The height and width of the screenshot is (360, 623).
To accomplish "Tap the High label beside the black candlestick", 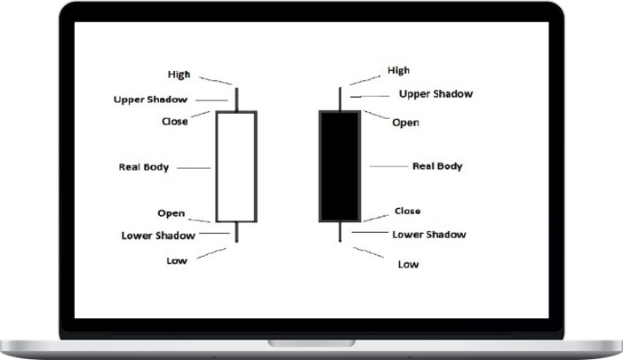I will click(x=399, y=69).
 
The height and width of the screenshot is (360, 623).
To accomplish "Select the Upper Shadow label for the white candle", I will click(x=150, y=99).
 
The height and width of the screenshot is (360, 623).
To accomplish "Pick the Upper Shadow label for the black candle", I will click(x=435, y=93).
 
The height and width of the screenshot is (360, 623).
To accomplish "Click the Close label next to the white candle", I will click(x=175, y=121).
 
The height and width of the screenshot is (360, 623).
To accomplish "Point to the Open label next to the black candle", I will click(x=405, y=123).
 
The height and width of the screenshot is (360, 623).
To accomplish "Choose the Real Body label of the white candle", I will click(x=144, y=166).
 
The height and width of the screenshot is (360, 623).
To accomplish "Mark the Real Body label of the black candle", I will click(x=437, y=166).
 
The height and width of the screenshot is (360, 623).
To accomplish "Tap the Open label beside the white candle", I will click(x=171, y=213).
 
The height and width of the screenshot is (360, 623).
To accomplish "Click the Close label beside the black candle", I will click(x=407, y=211).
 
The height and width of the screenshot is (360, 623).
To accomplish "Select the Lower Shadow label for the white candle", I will click(x=157, y=236).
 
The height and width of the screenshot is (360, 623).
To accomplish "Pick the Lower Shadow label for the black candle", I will click(x=428, y=235).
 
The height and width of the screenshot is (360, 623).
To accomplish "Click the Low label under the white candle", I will click(x=177, y=260).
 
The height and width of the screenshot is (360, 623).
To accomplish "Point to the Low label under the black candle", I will click(x=408, y=264).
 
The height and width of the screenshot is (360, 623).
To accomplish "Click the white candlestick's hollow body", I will click(x=236, y=166).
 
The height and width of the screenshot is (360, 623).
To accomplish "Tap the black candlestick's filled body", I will click(x=340, y=166).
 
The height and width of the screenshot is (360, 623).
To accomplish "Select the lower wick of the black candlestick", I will click(x=340, y=231).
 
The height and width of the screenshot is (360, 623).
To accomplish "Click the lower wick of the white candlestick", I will click(x=236, y=231).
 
